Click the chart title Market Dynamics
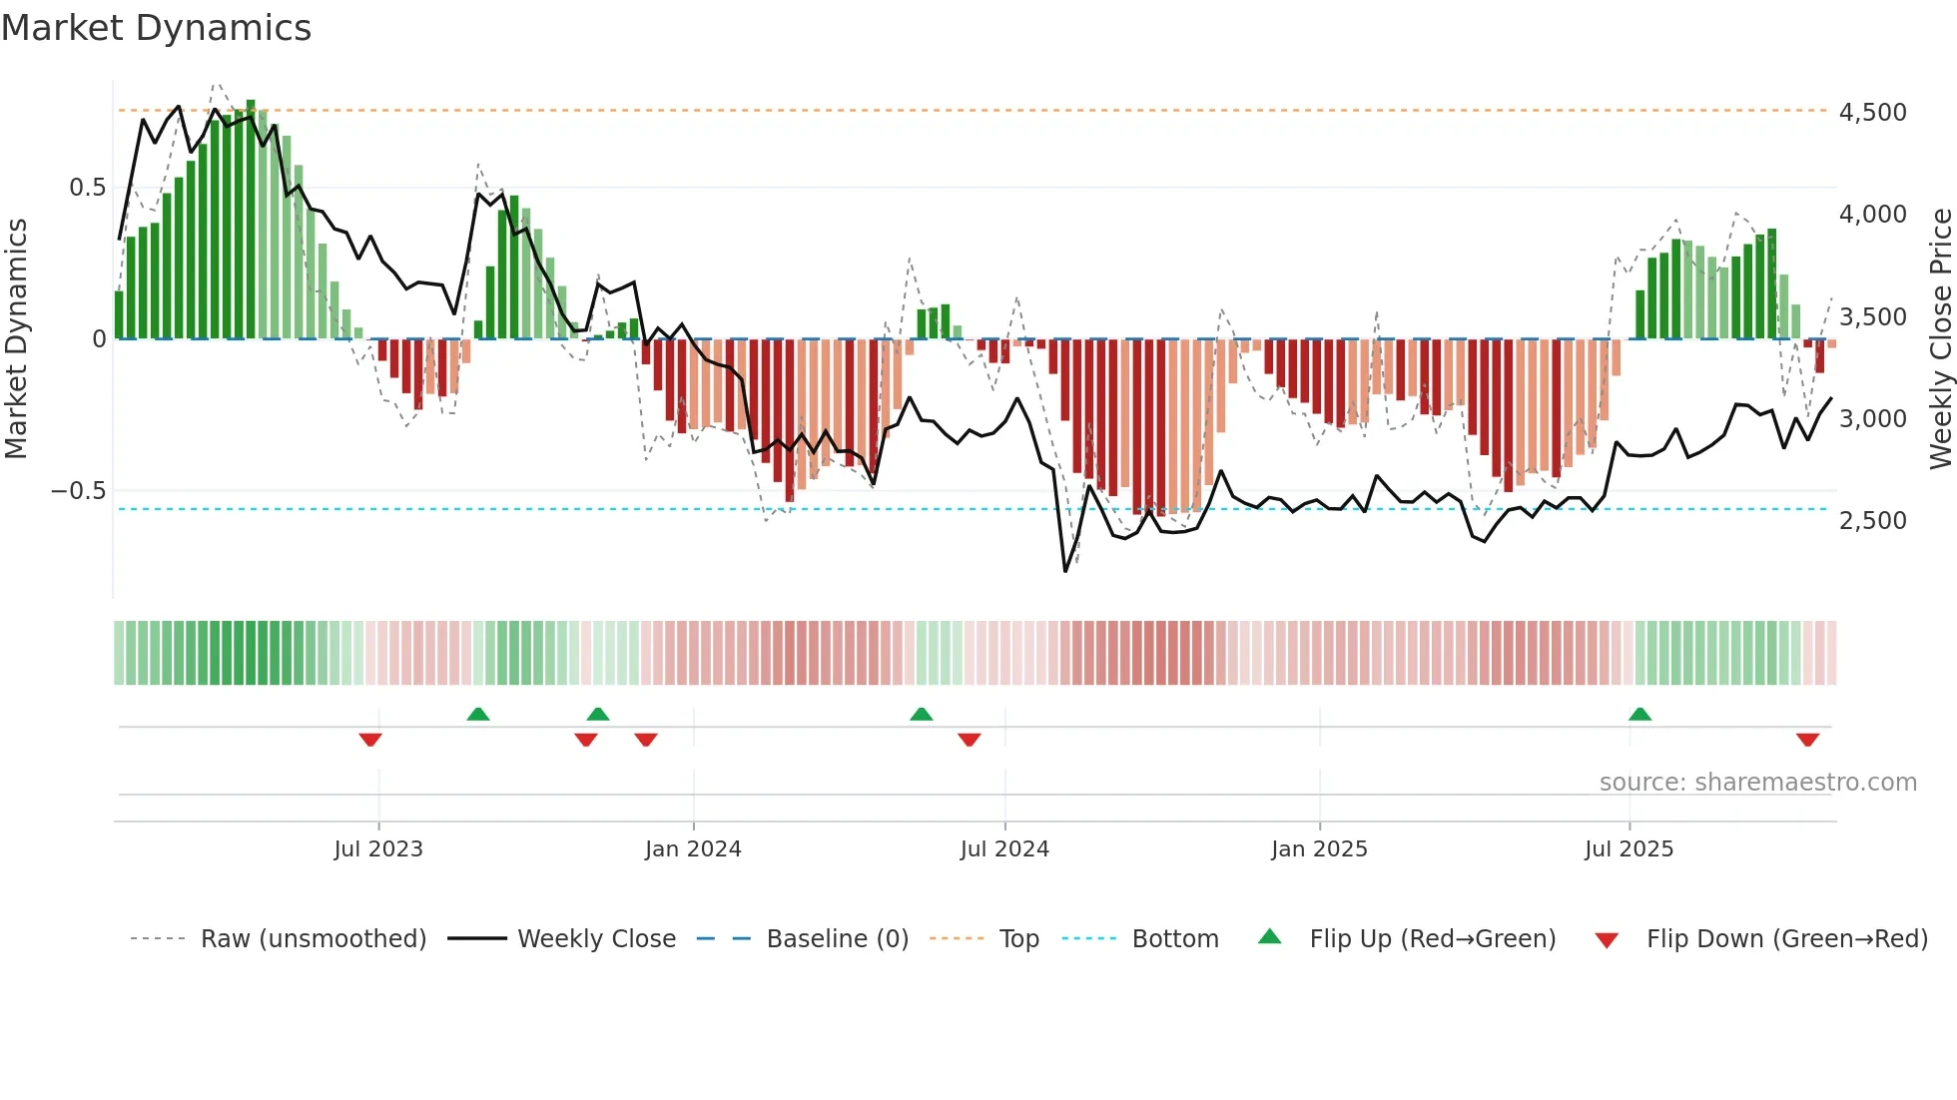(x=157, y=28)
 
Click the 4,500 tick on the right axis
(x=1872, y=113)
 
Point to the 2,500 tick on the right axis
(x=1872, y=521)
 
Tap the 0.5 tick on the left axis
(x=87, y=188)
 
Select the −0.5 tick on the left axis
(x=79, y=491)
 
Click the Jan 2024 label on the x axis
(x=693, y=849)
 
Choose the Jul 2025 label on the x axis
(x=1629, y=849)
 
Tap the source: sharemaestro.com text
(x=1757, y=783)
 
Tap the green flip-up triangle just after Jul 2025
(x=1639, y=715)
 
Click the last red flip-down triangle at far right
(x=1807, y=740)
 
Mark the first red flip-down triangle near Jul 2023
(x=370, y=740)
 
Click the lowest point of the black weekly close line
(x=1065, y=571)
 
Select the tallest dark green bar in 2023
(x=251, y=220)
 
